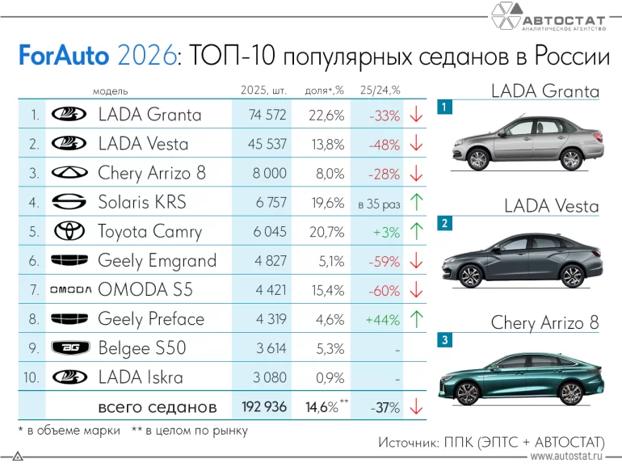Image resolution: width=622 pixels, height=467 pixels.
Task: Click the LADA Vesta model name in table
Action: (143, 145)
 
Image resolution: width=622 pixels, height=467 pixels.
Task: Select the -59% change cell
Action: (384, 261)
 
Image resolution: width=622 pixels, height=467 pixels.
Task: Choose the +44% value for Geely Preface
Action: (383, 319)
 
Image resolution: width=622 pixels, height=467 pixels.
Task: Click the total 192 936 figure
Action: (264, 406)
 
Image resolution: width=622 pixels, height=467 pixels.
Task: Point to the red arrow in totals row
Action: (416, 407)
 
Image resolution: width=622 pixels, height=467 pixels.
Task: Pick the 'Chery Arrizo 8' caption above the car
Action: (545, 323)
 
